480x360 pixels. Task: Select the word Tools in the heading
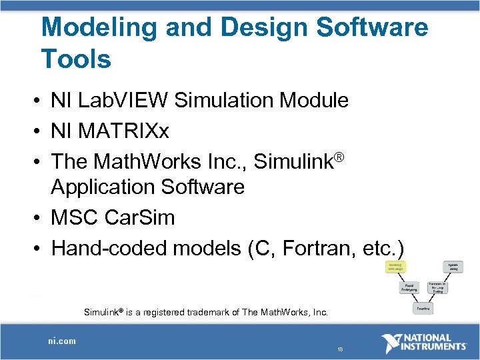(x=76, y=59)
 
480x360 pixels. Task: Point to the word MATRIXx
(x=123, y=131)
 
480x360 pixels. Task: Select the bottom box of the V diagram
(x=423, y=309)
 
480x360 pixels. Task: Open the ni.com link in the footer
(x=61, y=341)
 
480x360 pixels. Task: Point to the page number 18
(x=339, y=349)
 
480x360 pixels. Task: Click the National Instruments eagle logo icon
(x=393, y=343)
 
